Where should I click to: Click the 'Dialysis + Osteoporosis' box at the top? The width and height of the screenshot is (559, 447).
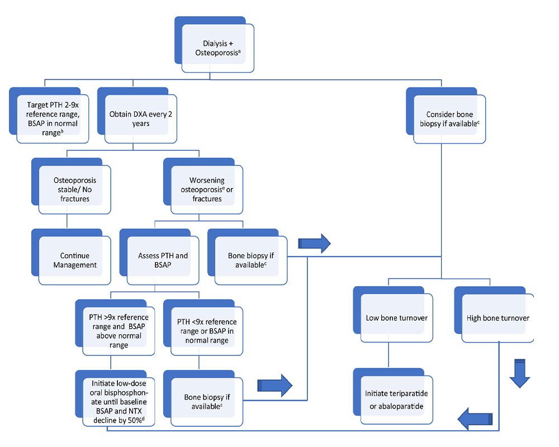(x=214, y=45)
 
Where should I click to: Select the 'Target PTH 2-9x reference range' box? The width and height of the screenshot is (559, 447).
(x=49, y=115)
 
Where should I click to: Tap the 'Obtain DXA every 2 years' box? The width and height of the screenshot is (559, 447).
(x=138, y=115)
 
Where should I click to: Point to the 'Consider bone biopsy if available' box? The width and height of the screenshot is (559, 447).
(x=446, y=115)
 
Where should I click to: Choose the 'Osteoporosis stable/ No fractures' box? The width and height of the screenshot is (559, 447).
(x=72, y=186)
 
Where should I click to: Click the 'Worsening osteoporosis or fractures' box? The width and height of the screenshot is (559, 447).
(x=203, y=186)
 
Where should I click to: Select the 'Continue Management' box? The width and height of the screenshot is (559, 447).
(x=72, y=256)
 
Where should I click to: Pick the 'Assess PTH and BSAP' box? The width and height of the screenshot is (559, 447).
(x=159, y=256)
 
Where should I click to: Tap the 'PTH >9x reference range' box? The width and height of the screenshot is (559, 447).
(x=115, y=327)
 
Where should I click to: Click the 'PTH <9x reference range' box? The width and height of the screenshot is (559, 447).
(x=203, y=327)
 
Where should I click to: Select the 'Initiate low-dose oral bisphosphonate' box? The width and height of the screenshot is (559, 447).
(x=115, y=398)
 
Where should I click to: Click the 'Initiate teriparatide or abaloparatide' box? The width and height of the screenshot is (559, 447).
(x=393, y=396)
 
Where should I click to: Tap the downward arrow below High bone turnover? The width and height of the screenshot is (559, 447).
(x=520, y=373)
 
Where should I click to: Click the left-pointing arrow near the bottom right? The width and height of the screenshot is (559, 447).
(x=475, y=419)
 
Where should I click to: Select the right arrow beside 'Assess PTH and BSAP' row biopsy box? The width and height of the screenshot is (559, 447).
(x=314, y=244)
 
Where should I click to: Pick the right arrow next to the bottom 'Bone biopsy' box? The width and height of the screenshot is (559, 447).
(x=275, y=386)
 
